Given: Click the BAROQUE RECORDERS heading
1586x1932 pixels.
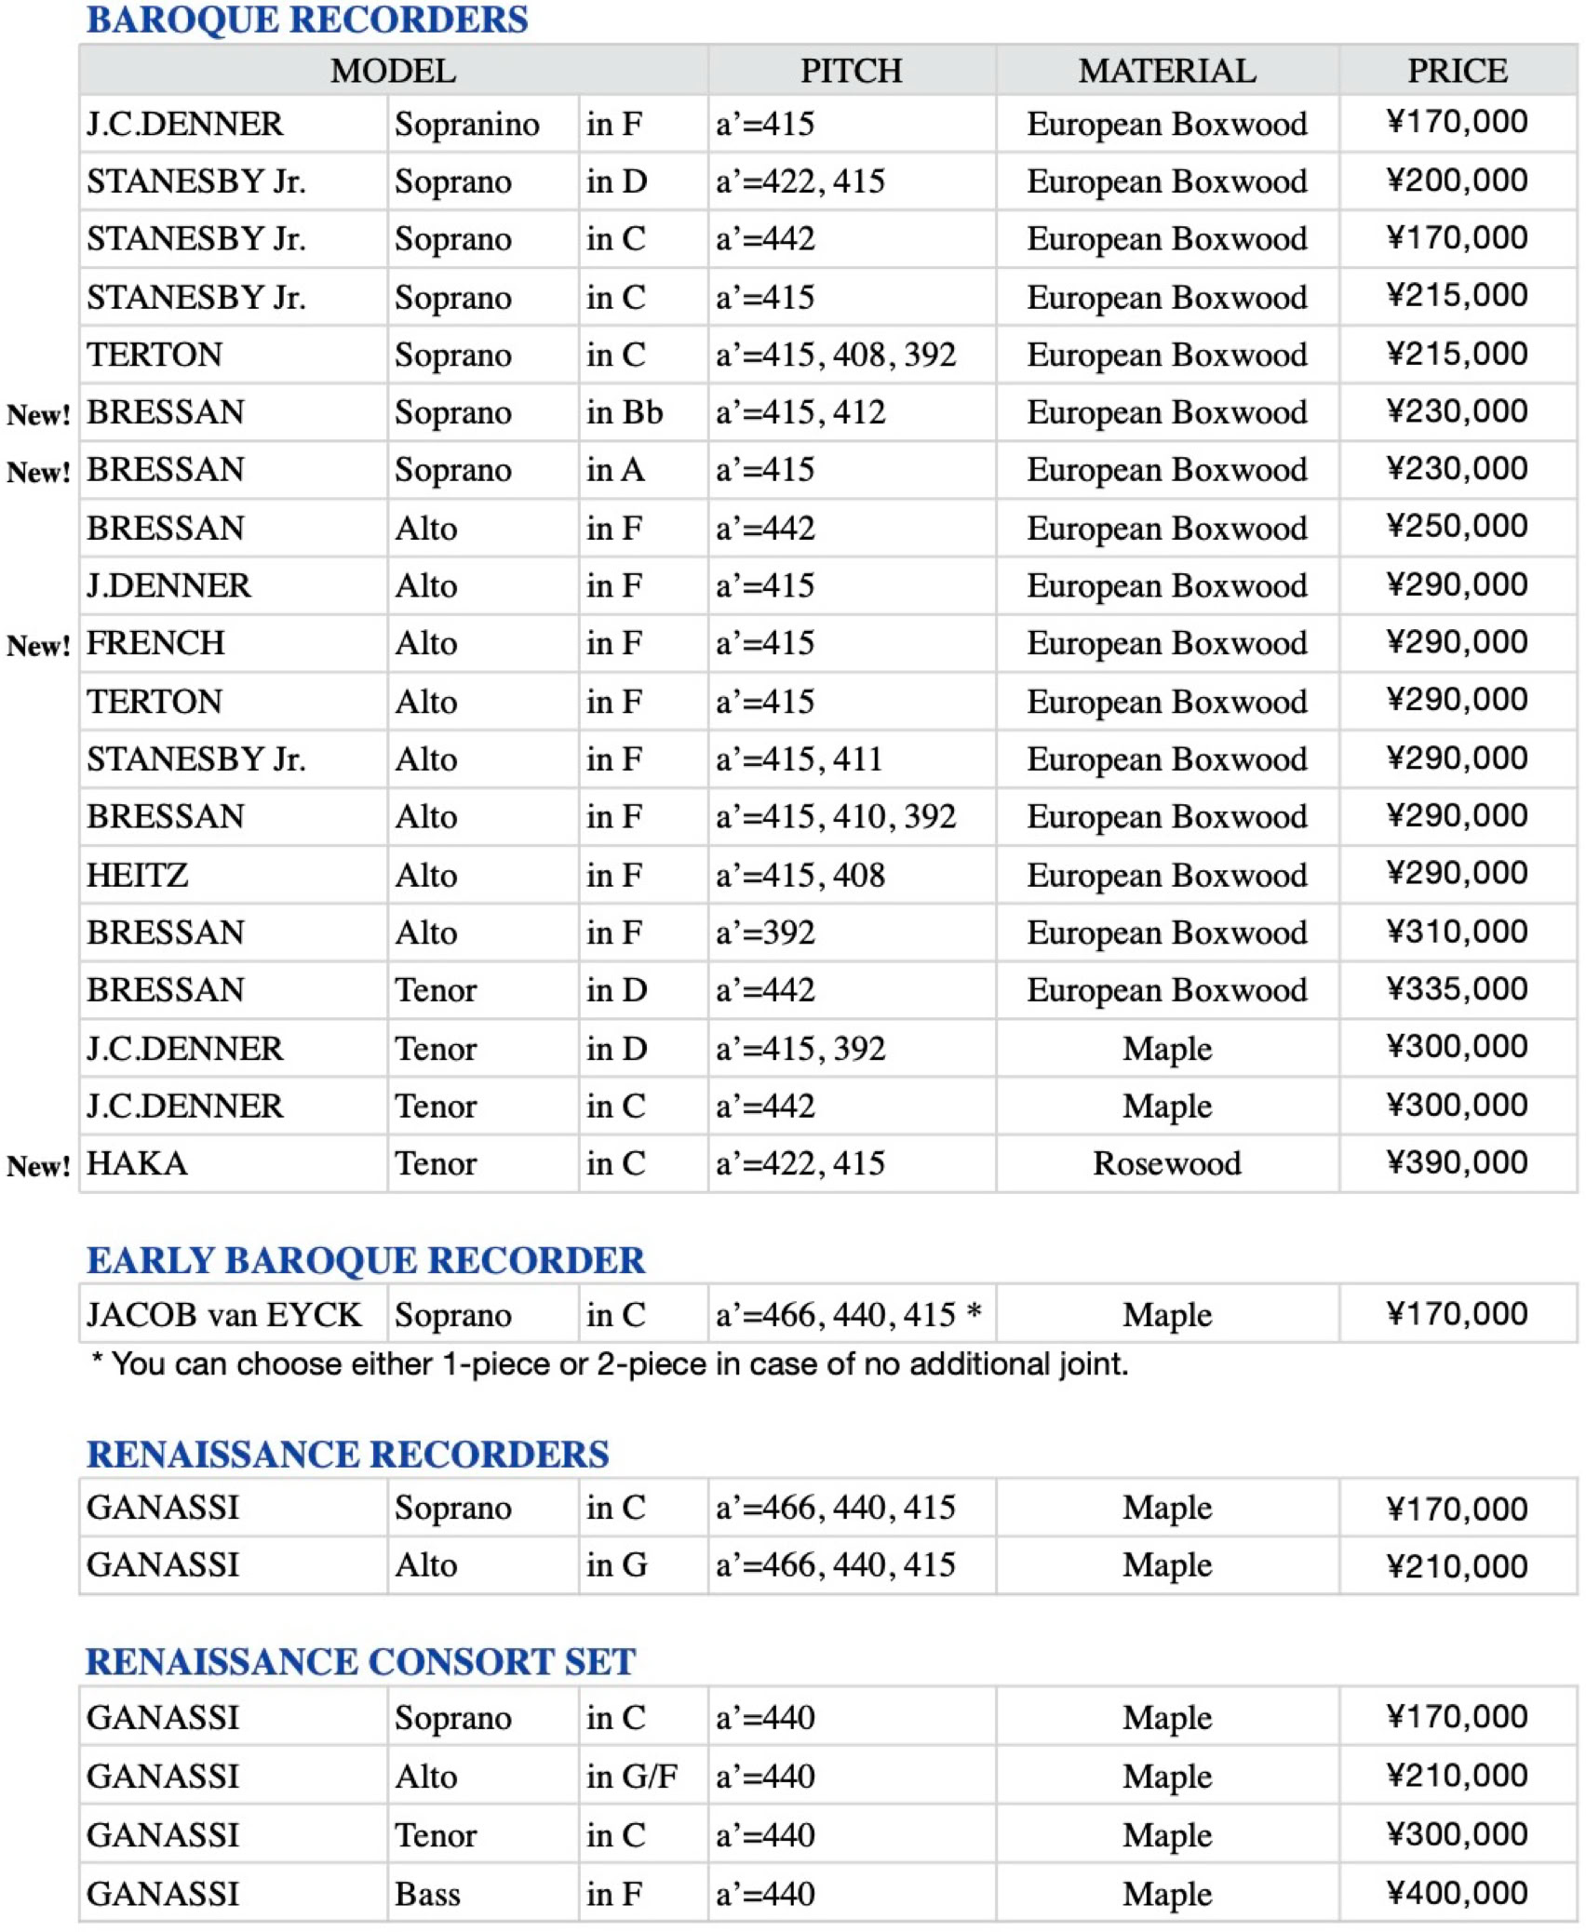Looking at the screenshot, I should [307, 20].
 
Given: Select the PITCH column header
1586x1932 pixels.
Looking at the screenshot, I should [851, 71].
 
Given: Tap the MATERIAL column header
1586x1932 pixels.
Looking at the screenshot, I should [1167, 71].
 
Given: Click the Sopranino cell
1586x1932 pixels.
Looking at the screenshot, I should [466, 124].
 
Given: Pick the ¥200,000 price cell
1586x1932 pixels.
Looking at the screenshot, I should [1457, 180].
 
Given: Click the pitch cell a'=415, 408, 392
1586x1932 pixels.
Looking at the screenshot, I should [835, 355].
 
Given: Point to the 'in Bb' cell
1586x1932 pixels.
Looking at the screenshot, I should [625, 412].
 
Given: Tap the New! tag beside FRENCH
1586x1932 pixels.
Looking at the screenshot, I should [38, 645].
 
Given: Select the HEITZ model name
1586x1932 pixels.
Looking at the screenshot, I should [138, 875].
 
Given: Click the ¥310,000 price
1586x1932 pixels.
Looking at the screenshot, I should [1457, 932].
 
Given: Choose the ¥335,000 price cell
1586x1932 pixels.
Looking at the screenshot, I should [1457, 989].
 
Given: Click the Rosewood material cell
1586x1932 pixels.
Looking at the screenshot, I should [1167, 1163].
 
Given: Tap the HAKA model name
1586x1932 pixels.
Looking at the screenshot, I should [138, 1163].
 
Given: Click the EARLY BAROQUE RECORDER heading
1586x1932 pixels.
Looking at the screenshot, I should [365, 1260].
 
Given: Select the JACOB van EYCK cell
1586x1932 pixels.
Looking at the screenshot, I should [223, 1314].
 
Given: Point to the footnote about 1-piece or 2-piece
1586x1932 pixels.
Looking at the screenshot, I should [611, 1364].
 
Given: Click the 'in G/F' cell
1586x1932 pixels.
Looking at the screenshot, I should [631, 1776].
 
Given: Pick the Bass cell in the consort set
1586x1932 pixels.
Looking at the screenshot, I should [427, 1894].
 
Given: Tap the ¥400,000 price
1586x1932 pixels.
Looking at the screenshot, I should [1457, 1893].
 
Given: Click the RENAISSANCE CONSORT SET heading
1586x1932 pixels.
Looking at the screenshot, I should [360, 1661].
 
